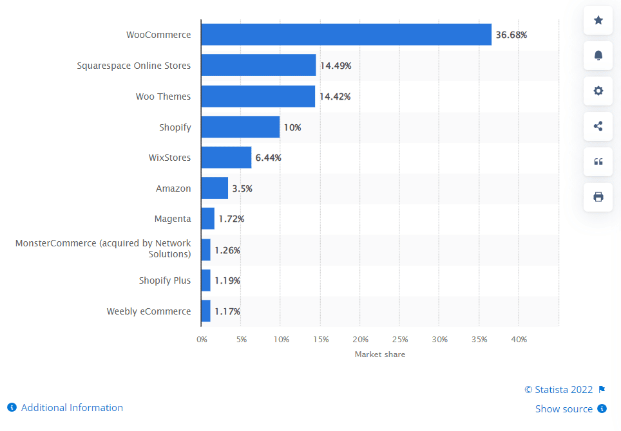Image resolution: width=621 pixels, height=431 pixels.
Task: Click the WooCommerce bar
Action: pos(346,35)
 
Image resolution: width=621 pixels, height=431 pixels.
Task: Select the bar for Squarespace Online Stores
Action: pos(258,65)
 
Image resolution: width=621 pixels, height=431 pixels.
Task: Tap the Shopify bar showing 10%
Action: pos(240,127)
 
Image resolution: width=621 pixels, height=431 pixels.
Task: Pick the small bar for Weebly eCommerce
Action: pos(205,311)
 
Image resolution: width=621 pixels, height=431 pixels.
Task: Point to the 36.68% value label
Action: pos(511,35)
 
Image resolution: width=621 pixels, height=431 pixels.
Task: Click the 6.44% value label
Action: pos(269,158)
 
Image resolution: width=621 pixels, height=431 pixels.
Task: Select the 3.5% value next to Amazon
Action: pos(242,188)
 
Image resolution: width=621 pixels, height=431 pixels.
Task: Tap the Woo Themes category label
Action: pos(163,96)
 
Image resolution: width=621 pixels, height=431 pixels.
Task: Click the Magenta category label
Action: pos(173,219)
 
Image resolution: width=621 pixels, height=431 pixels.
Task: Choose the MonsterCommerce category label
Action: pos(103,249)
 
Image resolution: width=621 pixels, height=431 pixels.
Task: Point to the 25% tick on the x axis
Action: pos(400,339)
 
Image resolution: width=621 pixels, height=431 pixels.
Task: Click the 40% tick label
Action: pos(519,339)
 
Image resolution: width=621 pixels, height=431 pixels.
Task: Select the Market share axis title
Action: pos(380,354)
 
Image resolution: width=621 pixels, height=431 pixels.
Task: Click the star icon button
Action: pos(598,21)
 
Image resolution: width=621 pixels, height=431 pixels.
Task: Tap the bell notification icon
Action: pos(598,56)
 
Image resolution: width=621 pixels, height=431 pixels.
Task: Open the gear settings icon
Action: pos(598,91)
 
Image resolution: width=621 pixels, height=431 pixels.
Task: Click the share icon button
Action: pos(598,126)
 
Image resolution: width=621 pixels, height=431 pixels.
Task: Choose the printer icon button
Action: pos(598,197)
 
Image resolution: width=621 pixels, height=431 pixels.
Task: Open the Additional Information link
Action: pos(72,407)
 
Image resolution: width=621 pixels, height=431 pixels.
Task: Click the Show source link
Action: pos(564,408)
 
